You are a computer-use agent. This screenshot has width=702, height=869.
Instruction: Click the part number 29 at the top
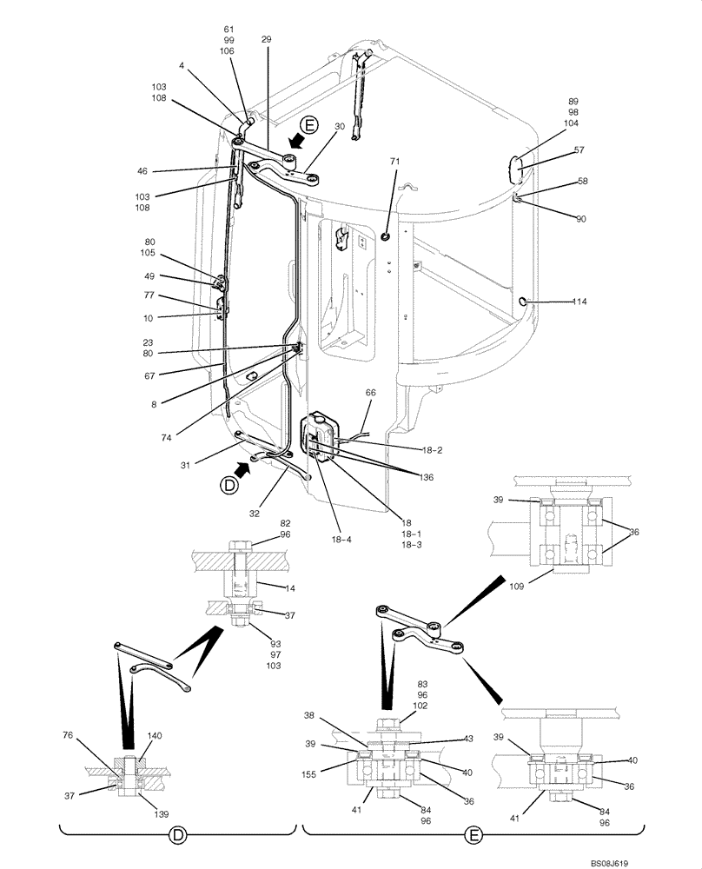[x=267, y=39]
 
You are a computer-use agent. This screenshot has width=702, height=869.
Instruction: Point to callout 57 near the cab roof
[x=579, y=150]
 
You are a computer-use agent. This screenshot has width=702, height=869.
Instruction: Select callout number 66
[x=370, y=393]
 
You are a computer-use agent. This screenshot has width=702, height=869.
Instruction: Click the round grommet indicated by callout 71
[x=386, y=235]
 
